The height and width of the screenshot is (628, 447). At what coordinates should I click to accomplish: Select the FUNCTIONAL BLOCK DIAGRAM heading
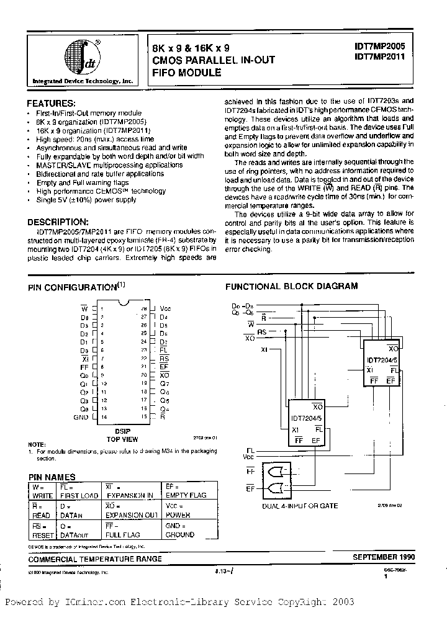pyautogui.click(x=291, y=286)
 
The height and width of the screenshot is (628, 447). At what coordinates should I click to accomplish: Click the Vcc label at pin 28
pyautogui.click(x=165, y=308)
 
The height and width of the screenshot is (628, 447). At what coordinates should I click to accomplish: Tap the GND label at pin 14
pyautogui.click(x=81, y=418)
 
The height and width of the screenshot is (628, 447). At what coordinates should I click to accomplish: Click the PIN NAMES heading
pyautogui.click(x=52, y=477)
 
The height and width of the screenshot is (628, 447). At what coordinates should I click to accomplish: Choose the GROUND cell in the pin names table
pyautogui.click(x=180, y=534)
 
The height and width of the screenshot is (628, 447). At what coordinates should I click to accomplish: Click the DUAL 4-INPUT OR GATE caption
pyautogui.click(x=301, y=506)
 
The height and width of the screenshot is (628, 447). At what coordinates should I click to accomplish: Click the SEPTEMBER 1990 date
pyautogui.click(x=382, y=558)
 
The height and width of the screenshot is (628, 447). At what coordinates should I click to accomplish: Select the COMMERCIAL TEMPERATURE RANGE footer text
pyautogui.click(x=95, y=558)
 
